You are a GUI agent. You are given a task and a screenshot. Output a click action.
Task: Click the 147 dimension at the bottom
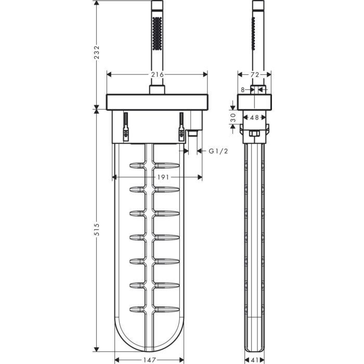(x=149, y=359)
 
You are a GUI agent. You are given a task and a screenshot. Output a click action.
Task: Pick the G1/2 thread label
(x=218, y=151)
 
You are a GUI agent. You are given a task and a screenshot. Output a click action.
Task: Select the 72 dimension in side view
(x=254, y=74)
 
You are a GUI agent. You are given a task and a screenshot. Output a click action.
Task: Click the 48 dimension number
(x=254, y=118)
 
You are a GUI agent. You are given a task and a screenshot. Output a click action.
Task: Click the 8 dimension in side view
(x=243, y=89)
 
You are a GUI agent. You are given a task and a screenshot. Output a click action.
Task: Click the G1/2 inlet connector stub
(x=193, y=134)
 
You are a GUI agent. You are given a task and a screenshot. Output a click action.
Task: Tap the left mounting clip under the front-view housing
(x=125, y=128)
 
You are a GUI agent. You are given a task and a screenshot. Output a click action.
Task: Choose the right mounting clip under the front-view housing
(x=181, y=128)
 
